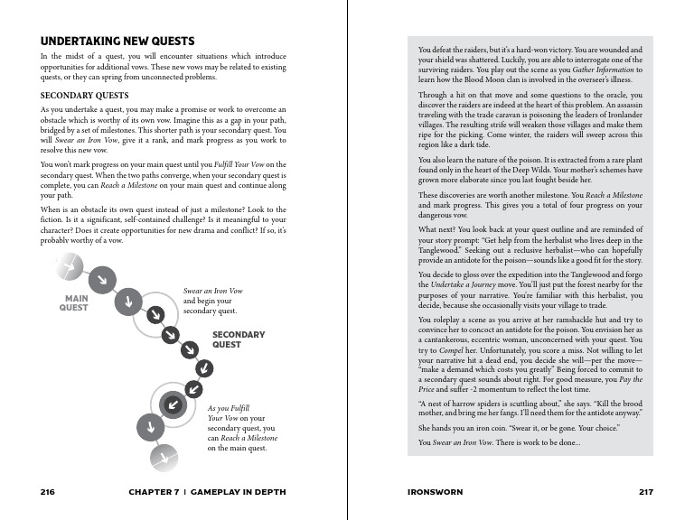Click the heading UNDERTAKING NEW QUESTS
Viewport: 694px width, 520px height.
(117, 42)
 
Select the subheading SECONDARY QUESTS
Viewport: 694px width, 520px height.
(85, 95)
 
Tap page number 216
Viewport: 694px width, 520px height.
(49, 492)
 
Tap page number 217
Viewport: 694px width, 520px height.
(645, 492)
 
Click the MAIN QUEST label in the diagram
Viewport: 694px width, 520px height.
(74, 302)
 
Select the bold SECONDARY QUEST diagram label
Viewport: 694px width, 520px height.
(239, 339)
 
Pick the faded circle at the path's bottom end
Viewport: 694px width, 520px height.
(162, 458)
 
